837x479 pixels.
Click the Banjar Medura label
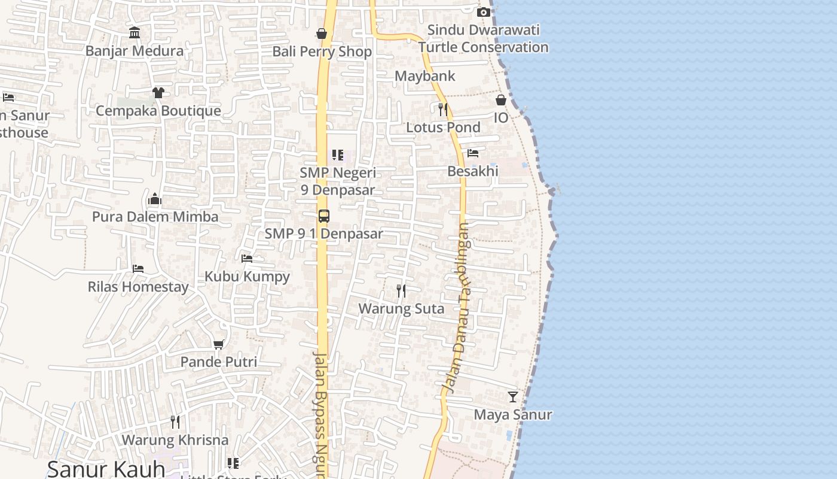pos(135,51)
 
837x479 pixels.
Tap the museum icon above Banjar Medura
pos(135,32)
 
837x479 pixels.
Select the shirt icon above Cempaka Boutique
pos(158,92)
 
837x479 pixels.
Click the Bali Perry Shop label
pos(322,51)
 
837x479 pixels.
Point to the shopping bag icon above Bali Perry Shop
pos(322,33)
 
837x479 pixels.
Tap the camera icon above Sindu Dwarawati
pos(484,12)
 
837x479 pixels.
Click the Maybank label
pos(425,76)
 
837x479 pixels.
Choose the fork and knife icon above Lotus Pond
pos(443,109)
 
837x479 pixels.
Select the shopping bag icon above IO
pos(501,99)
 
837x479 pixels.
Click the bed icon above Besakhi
pos(473,153)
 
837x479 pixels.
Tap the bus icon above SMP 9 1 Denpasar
pos(323,216)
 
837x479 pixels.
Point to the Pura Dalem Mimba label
pos(155,216)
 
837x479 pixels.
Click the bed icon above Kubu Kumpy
pos(247,258)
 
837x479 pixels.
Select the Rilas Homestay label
pos(138,287)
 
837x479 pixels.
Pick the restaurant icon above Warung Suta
pos(401,291)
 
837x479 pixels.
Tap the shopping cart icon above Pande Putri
pos(219,344)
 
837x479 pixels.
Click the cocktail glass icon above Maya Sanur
pos(513,396)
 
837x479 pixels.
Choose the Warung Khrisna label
pos(175,440)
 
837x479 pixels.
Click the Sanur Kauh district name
pos(106,469)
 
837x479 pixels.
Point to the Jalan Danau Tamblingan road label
pos(459,308)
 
